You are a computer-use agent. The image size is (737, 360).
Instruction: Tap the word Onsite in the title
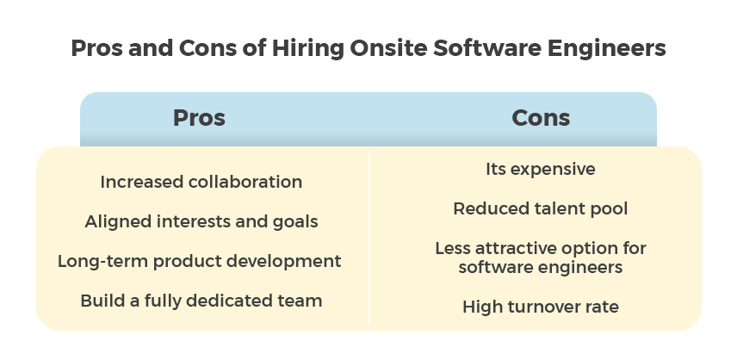[387, 48]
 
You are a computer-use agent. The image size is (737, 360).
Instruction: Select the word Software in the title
[486, 48]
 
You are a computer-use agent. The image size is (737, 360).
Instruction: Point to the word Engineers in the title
[606, 48]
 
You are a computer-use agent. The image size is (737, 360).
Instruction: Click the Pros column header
[199, 117]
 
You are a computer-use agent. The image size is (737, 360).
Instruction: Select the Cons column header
[541, 117]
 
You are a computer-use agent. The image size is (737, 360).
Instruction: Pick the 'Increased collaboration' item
[201, 182]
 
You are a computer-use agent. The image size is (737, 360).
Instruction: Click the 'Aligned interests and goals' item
[201, 221]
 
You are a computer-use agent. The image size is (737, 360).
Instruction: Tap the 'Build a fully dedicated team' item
[201, 301]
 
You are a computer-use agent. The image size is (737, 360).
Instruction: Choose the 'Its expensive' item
[541, 169]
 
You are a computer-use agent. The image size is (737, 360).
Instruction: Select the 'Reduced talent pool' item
[541, 208]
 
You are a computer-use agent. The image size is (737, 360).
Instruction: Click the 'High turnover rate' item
[541, 307]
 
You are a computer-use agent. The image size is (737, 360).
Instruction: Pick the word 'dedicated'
[228, 301]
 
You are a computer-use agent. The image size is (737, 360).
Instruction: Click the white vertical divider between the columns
[370, 239]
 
